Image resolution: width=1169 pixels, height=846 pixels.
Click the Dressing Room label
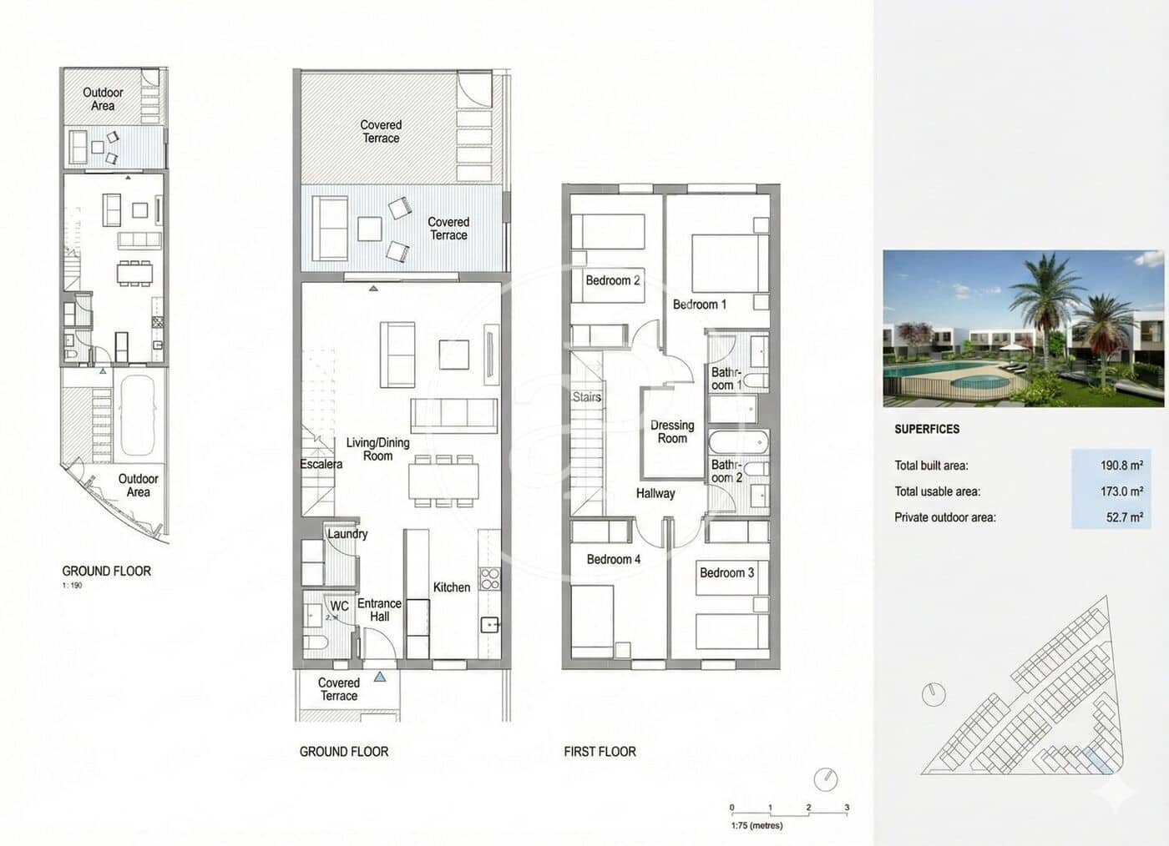tap(672, 431)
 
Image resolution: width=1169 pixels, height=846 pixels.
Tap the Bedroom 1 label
tap(700, 305)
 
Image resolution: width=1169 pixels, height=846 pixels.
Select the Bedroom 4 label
tap(613, 559)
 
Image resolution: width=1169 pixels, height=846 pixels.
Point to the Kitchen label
tap(451, 587)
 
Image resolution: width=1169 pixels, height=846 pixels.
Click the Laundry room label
tap(347, 534)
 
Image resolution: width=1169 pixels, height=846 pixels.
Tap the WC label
tap(339, 607)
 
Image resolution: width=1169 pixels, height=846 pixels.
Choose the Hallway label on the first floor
tap(655, 493)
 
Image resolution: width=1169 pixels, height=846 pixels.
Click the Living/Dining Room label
tap(377, 449)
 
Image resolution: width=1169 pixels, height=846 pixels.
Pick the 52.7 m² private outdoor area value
tap(1124, 517)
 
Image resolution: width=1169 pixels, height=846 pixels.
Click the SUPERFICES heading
tap(927, 429)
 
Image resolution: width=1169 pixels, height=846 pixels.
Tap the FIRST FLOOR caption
tap(600, 752)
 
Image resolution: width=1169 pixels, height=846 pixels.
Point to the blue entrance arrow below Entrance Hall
tap(380, 677)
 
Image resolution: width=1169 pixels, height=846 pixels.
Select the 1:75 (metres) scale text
tap(757, 825)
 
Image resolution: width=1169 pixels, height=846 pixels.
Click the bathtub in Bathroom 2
tap(737, 442)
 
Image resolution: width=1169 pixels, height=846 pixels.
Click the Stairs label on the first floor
tap(587, 397)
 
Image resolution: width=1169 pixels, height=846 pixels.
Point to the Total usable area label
tap(937, 491)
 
